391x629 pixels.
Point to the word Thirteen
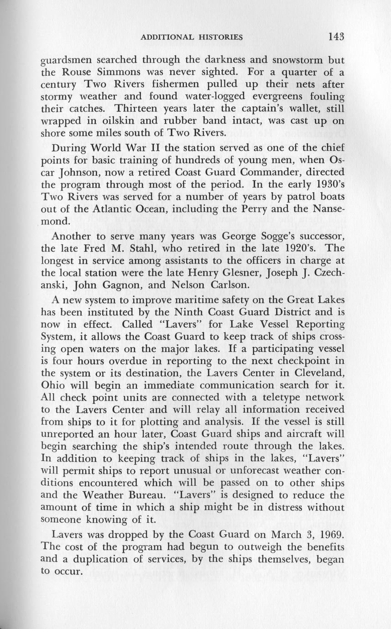(x=137, y=109)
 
